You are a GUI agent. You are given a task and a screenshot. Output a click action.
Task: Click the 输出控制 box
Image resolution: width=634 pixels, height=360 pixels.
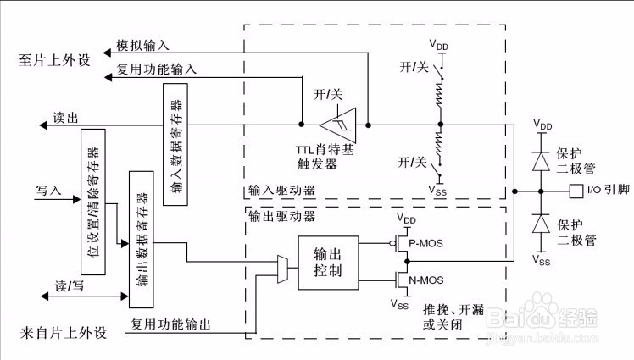coord(328,263)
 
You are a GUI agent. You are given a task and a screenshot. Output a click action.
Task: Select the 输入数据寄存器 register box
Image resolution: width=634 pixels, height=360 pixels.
coord(175,144)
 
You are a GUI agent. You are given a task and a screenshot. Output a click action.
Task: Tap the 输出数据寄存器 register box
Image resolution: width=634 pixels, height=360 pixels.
coord(141,240)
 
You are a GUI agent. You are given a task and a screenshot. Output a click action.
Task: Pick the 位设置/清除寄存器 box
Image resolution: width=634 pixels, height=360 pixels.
coord(93,202)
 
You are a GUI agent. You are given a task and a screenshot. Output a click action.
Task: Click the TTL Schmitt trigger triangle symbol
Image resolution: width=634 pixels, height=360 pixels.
coord(339,125)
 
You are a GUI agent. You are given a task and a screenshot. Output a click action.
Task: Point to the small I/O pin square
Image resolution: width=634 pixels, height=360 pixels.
coord(576,191)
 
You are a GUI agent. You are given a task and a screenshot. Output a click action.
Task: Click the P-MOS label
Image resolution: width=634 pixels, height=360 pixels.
coord(425,243)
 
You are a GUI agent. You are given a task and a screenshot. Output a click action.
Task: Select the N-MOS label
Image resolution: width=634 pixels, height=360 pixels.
coord(426,280)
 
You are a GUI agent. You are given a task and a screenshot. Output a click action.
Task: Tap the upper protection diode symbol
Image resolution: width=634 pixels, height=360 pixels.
coord(541,161)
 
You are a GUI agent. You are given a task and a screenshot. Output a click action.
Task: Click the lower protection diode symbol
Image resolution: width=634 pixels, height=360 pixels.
coord(541,224)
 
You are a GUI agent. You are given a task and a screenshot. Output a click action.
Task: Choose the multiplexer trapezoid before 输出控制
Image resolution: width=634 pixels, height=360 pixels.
coord(282,269)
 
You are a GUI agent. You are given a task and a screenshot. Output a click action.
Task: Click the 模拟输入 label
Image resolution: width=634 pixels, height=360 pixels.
coord(142,45)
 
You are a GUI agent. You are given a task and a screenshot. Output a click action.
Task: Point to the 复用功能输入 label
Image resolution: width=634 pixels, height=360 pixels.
coord(157,69)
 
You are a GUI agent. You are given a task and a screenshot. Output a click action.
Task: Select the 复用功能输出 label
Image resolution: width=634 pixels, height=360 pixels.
coord(170,324)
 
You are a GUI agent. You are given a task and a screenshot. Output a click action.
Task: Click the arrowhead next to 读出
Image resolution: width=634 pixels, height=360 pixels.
coord(43,125)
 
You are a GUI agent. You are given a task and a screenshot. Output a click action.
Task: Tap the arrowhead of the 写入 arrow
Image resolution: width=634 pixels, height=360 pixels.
coord(77,199)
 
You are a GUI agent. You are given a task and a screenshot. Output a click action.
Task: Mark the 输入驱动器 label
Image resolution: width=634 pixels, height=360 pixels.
coord(281,190)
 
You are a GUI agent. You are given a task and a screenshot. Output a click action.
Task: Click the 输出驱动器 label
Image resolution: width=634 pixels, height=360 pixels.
coord(281,216)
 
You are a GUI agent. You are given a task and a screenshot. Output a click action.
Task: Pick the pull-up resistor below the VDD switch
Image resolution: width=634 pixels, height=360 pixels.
coord(440,94)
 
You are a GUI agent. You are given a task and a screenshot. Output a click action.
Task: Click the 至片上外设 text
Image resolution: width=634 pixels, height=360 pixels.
coord(54,60)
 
